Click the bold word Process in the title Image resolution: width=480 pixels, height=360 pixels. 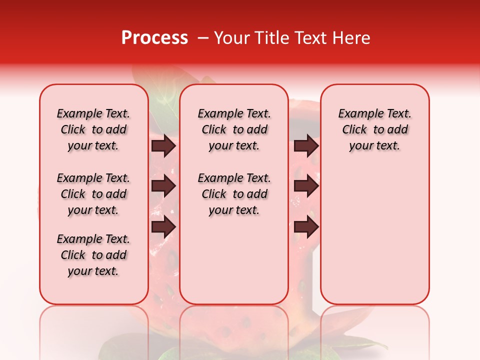tap(154, 38)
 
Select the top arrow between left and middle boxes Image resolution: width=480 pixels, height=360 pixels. tap(163, 145)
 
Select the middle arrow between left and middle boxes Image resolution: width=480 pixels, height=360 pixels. tap(163, 186)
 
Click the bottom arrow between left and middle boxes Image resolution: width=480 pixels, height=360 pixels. tap(163, 227)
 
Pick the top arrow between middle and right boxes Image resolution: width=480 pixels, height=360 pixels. tap(306, 145)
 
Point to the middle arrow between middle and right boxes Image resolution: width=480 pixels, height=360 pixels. tap(306, 186)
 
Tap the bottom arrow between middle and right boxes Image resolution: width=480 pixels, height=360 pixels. tap(306, 227)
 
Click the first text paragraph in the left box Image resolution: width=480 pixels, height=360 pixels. tap(93, 129)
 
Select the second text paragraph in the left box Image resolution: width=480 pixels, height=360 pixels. tap(93, 194)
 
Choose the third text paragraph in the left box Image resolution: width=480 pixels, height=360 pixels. tap(93, 255)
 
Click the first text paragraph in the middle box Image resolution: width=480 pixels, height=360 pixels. tap(234, 129)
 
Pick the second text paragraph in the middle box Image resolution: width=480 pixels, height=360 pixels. tap(234, 194)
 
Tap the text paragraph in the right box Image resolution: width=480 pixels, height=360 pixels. tap(374, 129)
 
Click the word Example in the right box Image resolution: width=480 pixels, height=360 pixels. tap(356, 114)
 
